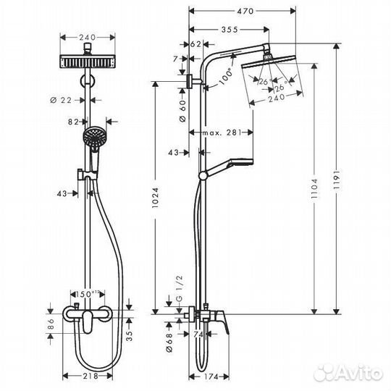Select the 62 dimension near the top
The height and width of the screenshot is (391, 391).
pyautogui.click(x=195, y=45)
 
